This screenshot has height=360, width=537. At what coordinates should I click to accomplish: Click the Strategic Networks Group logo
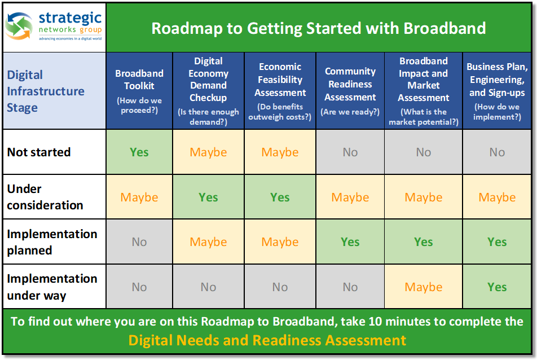[54, 27]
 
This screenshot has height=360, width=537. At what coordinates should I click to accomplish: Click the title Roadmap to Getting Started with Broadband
[319, 28]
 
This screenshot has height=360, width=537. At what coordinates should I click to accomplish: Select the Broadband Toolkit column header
[139, 91]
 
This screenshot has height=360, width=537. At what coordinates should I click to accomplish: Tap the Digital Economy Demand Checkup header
[208, 91]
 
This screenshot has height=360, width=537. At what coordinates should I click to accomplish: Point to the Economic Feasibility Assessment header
[280, 91]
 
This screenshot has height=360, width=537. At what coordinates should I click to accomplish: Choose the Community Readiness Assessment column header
[350, 91]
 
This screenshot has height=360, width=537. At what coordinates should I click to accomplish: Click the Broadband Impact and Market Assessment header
[423, 91]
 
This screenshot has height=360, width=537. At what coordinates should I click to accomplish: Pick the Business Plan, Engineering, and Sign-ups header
[497, 91]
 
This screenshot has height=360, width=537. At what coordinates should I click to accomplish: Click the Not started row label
[39, 152]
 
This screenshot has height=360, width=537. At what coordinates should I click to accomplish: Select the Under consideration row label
[45, 197]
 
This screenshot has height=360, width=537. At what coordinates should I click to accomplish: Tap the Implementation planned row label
[52, 242]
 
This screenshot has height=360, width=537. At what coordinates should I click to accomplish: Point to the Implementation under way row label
[52, 287]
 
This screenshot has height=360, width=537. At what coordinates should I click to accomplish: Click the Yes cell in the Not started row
[139, 152]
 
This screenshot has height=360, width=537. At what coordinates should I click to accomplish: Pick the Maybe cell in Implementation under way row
[423, 287]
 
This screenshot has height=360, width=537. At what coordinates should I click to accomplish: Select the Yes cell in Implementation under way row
[497, 287]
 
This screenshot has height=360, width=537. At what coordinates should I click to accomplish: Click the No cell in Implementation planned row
[139, 242]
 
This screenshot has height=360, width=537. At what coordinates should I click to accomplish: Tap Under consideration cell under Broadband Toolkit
[139, 197]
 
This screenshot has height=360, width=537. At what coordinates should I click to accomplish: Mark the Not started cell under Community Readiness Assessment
[350, 152]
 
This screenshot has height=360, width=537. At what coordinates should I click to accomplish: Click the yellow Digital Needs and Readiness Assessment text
[267, 340]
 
